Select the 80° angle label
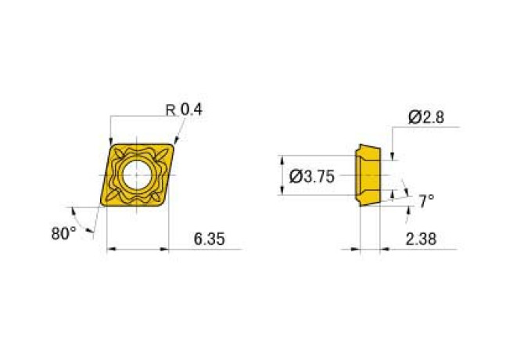(x=63, y=232)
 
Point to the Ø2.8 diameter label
(x=426, y=117)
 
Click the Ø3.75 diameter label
(x=311, y=177)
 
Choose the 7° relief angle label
(x=426, y=201)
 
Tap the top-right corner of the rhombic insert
(x=174, y=144)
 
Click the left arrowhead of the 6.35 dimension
(x=109, y=250)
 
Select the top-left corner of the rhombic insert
(x=110, y=144)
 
